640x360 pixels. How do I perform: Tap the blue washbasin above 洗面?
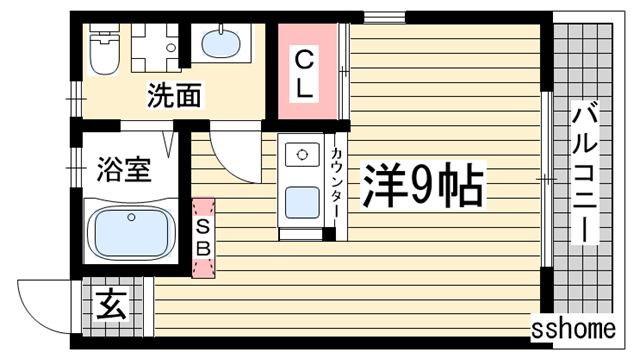[x=221, y=45]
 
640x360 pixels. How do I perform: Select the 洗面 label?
[x=174, y=96]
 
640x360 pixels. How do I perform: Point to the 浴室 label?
[x=124, y=169]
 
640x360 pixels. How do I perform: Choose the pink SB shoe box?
[x=203, y=236]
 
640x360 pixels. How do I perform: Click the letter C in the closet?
[x=305, y=58]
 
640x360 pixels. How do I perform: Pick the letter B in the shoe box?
[x=203, y=246]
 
